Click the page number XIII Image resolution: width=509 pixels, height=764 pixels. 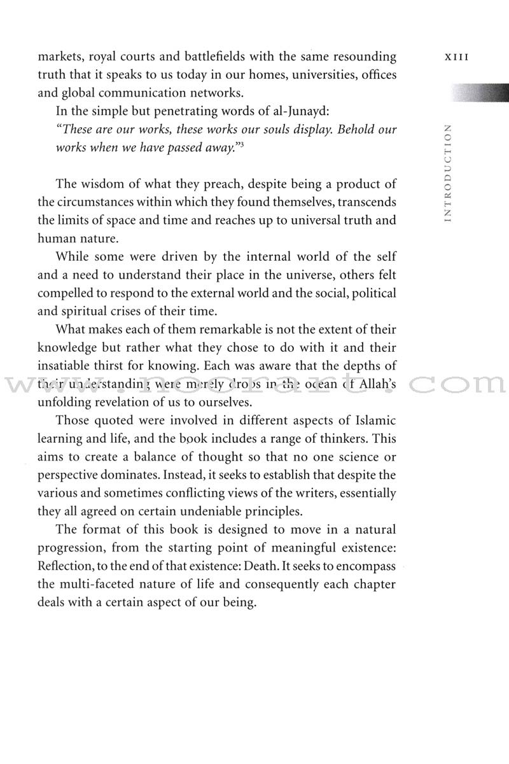tap(457, 57)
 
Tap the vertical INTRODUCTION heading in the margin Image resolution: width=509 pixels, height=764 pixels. tap(449, 173)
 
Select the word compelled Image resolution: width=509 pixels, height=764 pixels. tap(66, 294)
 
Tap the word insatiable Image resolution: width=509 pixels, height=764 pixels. tap(66, 366)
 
